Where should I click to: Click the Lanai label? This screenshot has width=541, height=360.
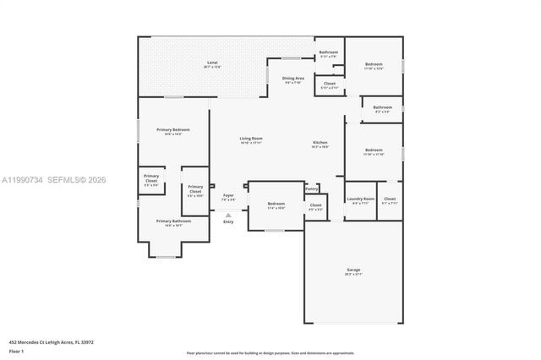(213, 63)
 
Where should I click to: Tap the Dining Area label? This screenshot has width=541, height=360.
(293, 78)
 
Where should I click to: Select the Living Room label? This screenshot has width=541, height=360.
(250, 139)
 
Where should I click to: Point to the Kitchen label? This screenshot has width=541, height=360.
(321, 143)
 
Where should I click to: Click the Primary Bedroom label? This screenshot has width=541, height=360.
(172, 129)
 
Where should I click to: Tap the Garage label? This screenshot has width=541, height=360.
(353, 270)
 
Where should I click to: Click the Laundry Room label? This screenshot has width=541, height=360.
(359, 199)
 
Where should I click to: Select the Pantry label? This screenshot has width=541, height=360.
(311, 188)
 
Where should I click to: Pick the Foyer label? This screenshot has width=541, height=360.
(228, 195)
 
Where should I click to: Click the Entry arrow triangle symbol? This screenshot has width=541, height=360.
(228, 215)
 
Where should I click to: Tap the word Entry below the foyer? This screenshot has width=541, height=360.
(228, 221)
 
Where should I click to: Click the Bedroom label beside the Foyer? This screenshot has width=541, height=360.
(276, 204)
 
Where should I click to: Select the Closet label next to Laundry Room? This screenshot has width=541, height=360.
(390, 199)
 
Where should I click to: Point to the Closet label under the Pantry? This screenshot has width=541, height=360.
(315, 205)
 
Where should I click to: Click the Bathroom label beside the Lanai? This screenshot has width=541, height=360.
(328, 52)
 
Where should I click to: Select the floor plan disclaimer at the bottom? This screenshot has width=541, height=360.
(270, 352)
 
